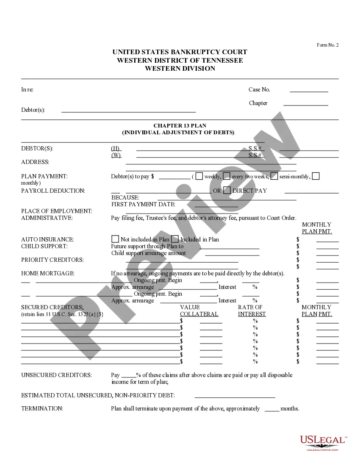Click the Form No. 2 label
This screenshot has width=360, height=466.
point(328,45)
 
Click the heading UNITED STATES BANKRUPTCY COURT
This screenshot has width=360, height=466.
point(180,52)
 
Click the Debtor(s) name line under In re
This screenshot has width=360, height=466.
point(129,111)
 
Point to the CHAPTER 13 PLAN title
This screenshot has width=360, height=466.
point(180,126)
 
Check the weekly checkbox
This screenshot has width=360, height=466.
point(199,176)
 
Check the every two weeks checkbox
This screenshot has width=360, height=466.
point(227,176)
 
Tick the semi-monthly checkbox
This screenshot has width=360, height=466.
point(274,176)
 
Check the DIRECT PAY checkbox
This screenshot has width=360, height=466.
point(227,190)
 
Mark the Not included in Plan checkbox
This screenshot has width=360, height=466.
point(115,239)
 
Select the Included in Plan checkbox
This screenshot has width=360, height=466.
point(174,239)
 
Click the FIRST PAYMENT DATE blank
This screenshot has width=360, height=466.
point(216,205)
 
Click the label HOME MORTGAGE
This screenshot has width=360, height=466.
point(48,274)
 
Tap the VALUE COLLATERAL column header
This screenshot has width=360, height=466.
point(199,311)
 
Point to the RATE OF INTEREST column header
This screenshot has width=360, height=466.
point(252,311)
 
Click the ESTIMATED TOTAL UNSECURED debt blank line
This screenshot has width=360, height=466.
point(235,397)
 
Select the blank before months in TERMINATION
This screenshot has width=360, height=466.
point(272,410)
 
